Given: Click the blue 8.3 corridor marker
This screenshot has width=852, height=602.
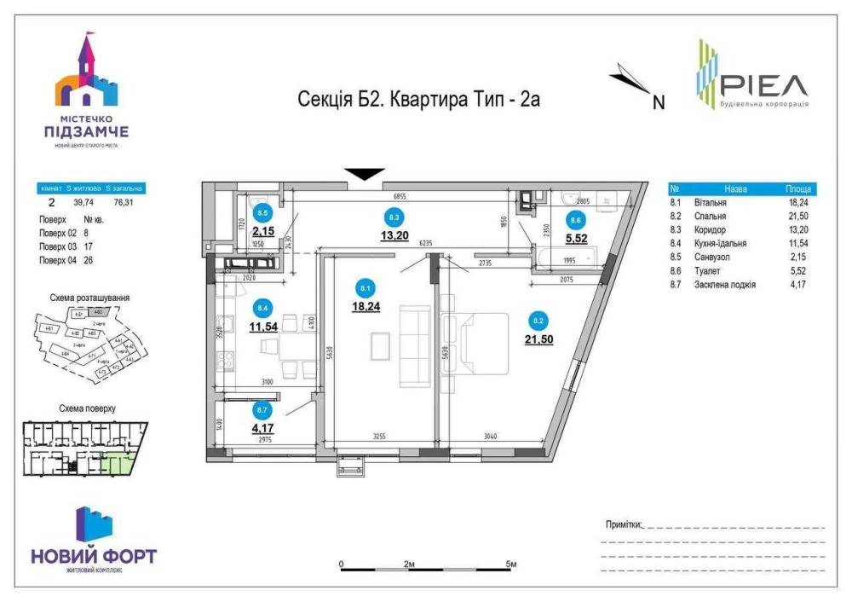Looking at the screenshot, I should click(x=393, y=216).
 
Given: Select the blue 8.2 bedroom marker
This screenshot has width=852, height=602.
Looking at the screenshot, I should click(x=538, y=321).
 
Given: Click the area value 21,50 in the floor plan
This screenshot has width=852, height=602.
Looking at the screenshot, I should click(x=538, y=339).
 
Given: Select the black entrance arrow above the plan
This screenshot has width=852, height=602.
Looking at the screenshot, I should click(x=365, y=173).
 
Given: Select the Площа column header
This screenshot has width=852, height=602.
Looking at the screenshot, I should click(x=799, y=189).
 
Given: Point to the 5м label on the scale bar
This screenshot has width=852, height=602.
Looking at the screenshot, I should click(x=511, y=564).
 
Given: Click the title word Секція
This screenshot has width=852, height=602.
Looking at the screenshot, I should click(x=325, y=100).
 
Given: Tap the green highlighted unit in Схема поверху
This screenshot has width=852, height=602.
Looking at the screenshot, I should click(x=123, y=466).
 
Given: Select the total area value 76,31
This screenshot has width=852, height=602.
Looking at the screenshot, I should click(x=129, y=203).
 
